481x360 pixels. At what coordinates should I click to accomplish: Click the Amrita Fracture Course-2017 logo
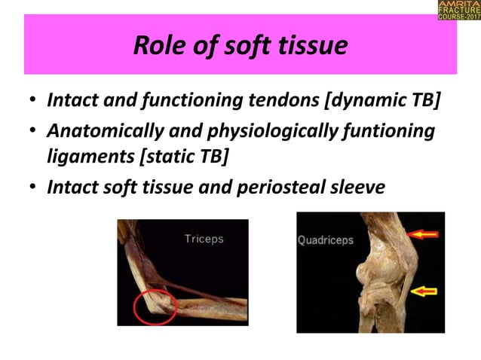tap(458, 11)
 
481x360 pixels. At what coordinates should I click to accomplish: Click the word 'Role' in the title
tap(158, 47)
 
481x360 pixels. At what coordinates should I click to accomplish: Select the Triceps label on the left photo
tap(204, 239)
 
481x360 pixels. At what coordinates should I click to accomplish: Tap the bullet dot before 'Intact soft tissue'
tap(32, 185)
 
